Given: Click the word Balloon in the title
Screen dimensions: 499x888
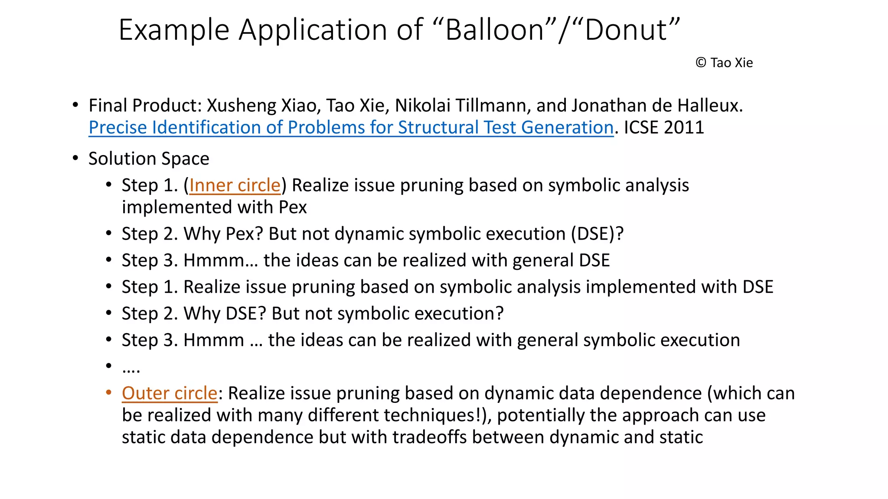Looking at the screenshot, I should pyautogui.click(x=495, y=30).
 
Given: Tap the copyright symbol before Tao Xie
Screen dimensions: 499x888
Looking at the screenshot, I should pyautogui.click(x=701, y=63).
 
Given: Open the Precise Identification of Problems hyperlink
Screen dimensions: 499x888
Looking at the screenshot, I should pyautogui.click(x=351, y=127).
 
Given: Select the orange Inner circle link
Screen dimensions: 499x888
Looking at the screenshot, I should pyautogui.click(x=235, y=185).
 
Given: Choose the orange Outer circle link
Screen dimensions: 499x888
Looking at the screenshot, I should pyautogui.click(x=169, y=393).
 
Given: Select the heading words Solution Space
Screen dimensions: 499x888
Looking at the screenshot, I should pyautogui.click(x=149, y=159).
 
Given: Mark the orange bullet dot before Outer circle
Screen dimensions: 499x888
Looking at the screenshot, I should pyautogui.click(x=109, y=393).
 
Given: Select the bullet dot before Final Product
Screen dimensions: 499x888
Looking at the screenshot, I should pyautogui.click(x=75, y=105).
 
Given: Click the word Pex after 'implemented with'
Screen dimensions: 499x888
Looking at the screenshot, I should pyautogui.click(x=293, y=207).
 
